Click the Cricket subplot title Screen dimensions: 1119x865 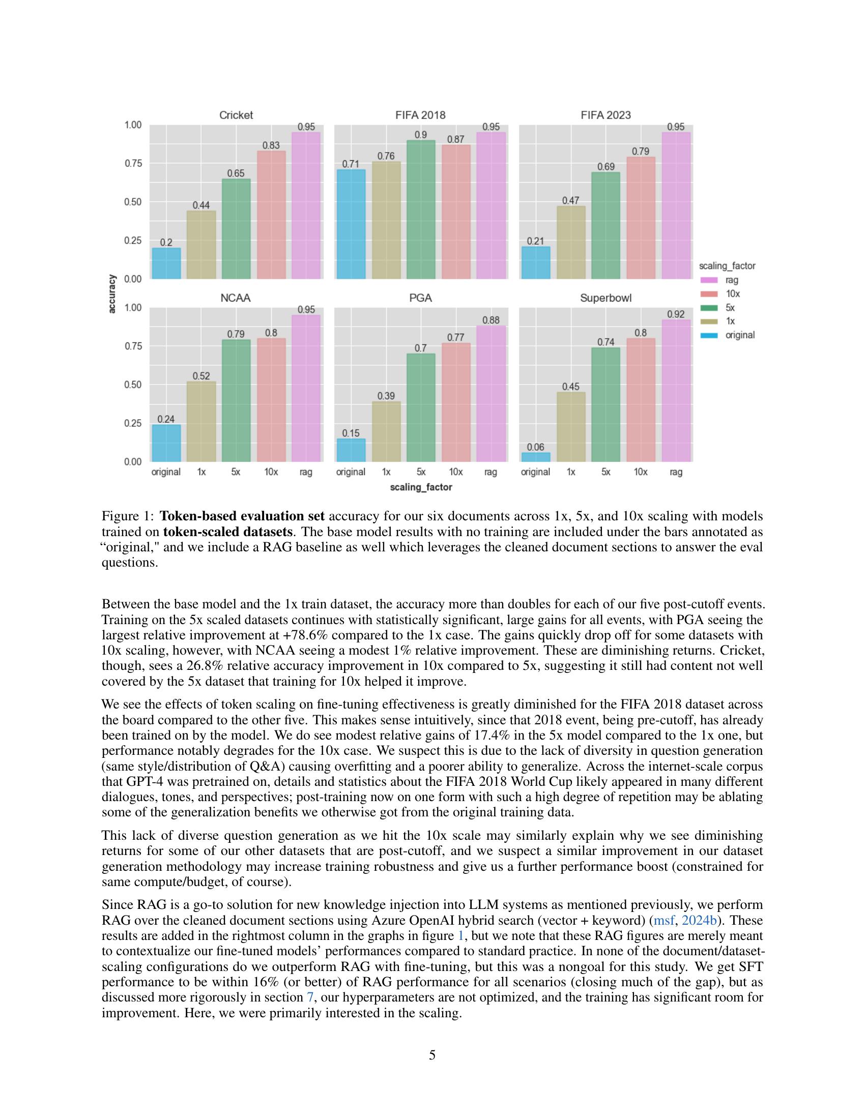(236, 115)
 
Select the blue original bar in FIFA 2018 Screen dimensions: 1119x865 (351, 224)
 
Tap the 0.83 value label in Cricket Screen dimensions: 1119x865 (271, 145)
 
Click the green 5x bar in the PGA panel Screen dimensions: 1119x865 (421, 407)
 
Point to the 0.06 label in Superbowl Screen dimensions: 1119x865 (535, 447)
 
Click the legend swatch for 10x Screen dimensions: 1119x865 (708, 294)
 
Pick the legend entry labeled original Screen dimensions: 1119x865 (739, 335)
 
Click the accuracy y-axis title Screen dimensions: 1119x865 (112, 293)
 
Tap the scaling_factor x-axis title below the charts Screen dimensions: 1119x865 (421, 487)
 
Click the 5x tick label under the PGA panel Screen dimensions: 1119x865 (421, 472)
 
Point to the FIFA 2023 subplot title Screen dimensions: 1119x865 (605, 115)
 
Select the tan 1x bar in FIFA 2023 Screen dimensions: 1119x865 (570, 242)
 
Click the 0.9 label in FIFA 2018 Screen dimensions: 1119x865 (421, 135)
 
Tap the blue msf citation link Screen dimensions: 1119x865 (664, 920)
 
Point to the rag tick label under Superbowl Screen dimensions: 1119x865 (676, 472)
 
